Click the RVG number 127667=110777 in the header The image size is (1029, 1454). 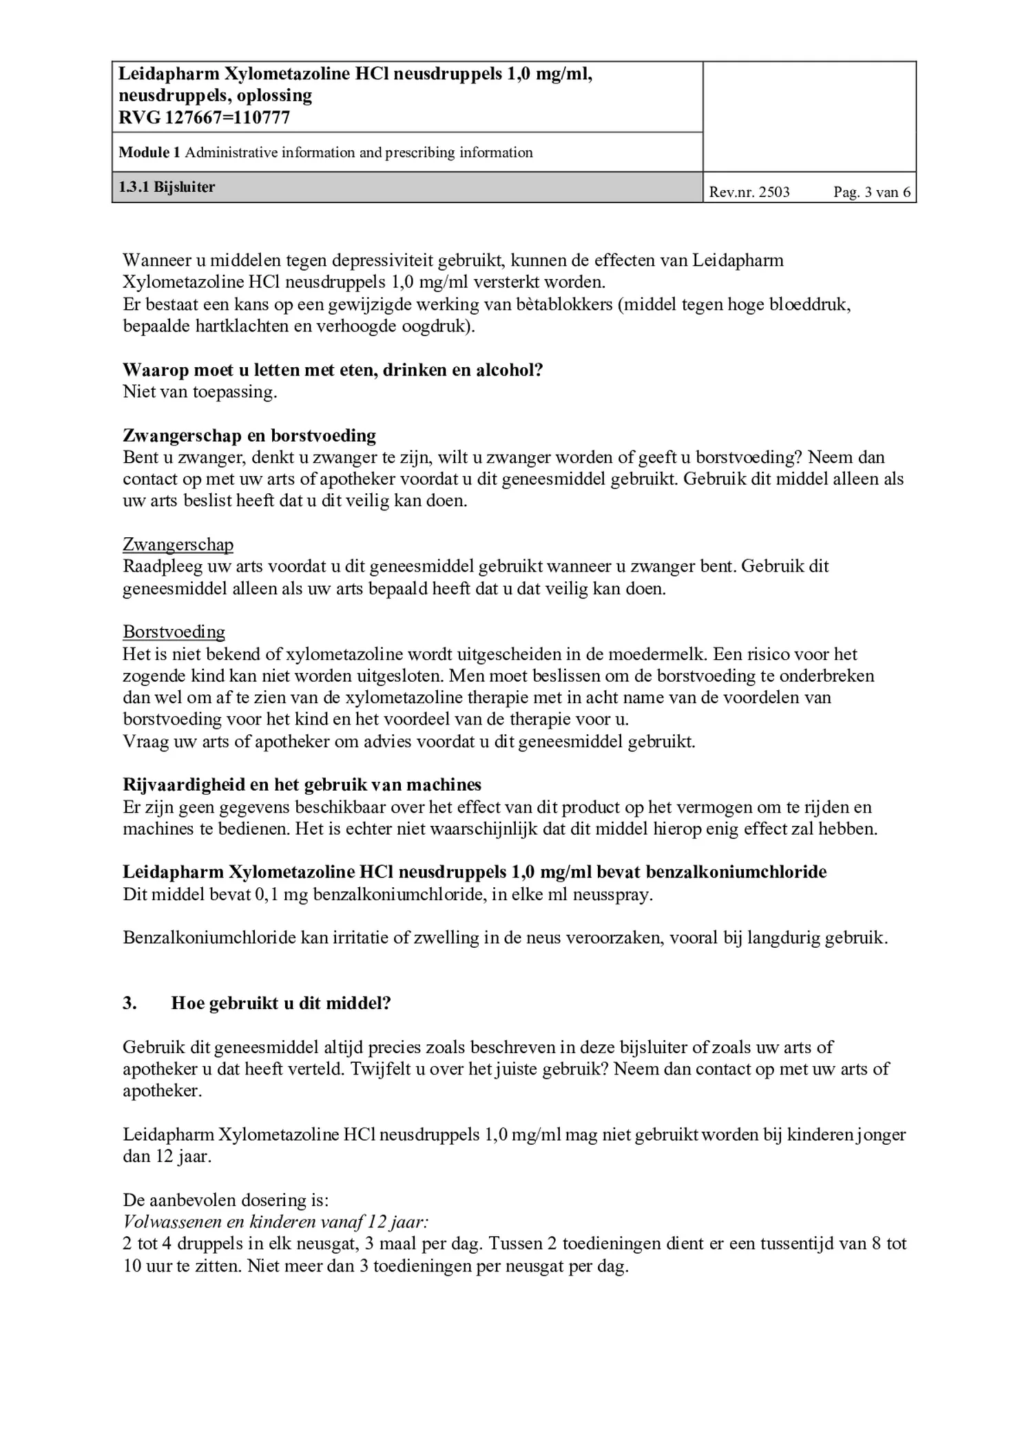(205, 118)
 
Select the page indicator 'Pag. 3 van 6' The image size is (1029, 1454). (871, 192)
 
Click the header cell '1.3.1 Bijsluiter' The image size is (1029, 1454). (167, 187)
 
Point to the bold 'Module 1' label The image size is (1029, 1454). (149, 152)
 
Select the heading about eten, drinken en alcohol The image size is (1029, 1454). (333, 370)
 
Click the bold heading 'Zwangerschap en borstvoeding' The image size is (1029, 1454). (249, 435)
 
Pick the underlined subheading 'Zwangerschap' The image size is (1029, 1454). (178, 545)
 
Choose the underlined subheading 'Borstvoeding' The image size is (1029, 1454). (174, 632)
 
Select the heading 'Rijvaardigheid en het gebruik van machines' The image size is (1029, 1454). (302, 785)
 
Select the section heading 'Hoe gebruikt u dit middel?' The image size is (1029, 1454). (281, 1003)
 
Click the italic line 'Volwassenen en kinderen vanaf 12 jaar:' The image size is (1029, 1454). (276, 1222)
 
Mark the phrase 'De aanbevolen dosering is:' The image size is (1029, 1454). (225, 1200)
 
